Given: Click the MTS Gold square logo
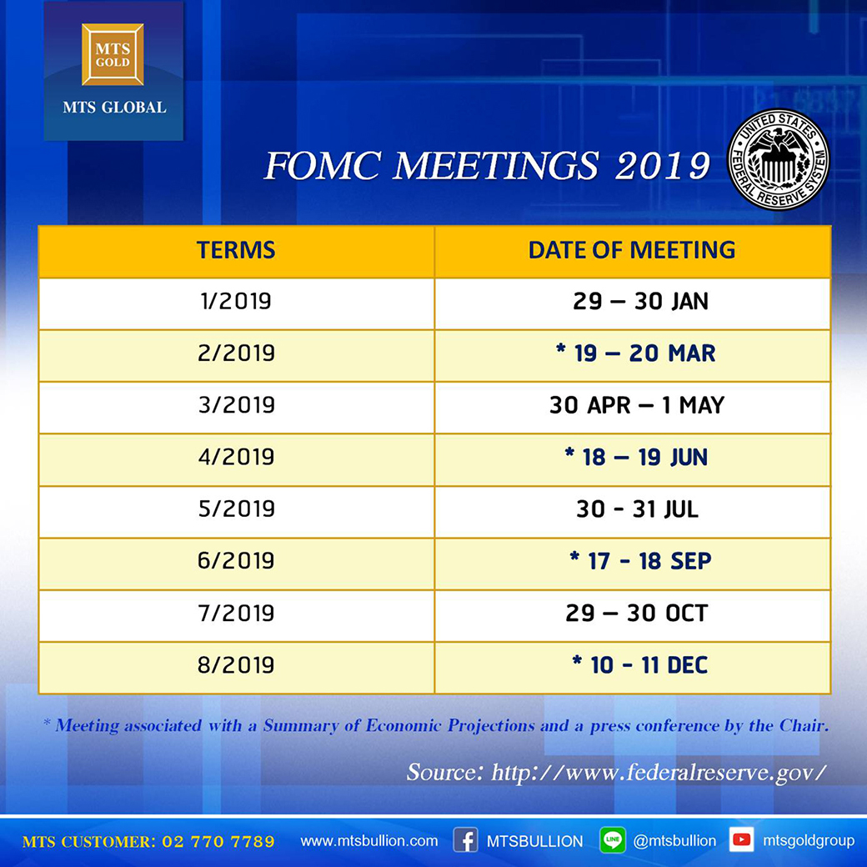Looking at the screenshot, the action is [113, 54].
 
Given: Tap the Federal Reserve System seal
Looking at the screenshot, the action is [779, 159].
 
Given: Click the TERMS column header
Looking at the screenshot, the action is [236, 250].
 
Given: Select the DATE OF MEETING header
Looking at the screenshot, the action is [632, 250].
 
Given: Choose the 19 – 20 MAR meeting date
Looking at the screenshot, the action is [636, 353].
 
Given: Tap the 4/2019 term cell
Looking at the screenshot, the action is [236, 458].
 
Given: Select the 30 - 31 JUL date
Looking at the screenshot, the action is [638, 509].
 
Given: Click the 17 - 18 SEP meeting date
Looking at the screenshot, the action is [640, 561].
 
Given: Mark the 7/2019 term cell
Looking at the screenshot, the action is [236, 614].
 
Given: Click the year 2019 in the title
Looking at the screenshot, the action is [663, 165].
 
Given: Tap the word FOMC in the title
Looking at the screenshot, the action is [323, 165].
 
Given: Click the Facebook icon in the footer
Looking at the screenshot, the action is [465, 840].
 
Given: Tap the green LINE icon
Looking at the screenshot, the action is [613, 840].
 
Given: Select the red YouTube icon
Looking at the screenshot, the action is [741, 840].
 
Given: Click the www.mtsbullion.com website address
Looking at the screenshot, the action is [368, 841].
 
